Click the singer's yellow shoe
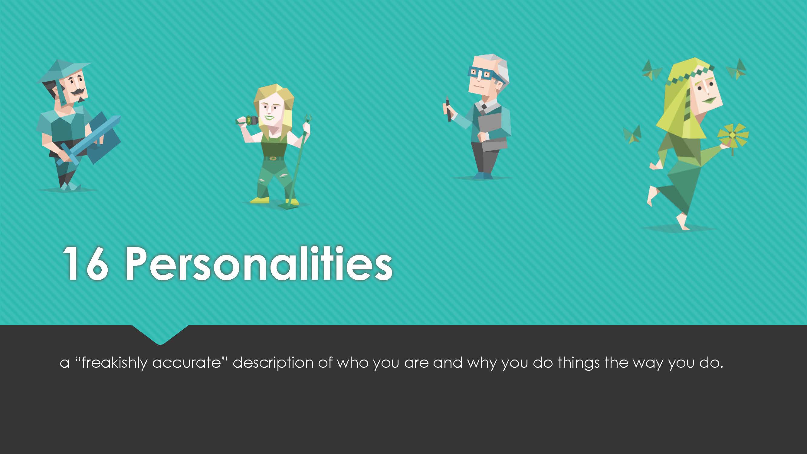pyautogui.click(x=260, y=200)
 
